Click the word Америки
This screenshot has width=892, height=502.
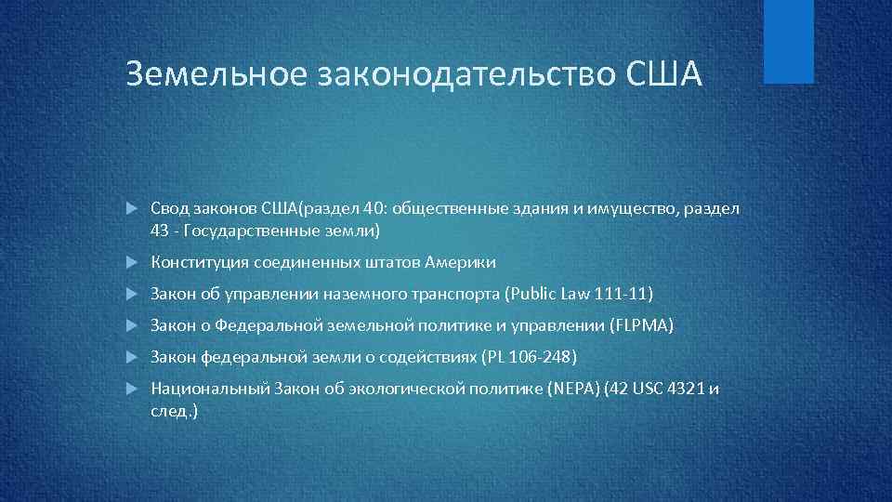click(465, 263)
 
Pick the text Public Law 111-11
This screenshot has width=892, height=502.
click(578, 295)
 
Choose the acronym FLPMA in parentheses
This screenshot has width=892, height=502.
click(643, 326)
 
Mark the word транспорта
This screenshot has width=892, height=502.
click(454, 295)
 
